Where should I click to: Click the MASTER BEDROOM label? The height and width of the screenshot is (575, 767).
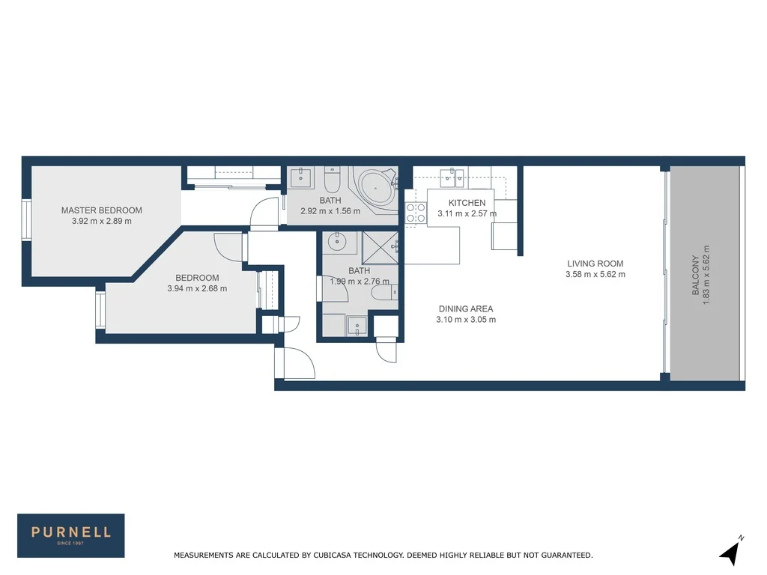[x=101, y=210]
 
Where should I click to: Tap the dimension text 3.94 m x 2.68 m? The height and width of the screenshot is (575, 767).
[x=197, y=288]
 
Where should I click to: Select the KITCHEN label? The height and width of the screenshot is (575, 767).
[x=467, y=203]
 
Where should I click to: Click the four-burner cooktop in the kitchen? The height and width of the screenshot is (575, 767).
[x=416, y=213]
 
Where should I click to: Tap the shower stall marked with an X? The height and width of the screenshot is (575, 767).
[x=381, y=247]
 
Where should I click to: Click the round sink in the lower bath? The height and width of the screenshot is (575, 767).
[x=336, y=242]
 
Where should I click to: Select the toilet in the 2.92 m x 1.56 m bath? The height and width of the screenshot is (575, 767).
[x=333, y=181]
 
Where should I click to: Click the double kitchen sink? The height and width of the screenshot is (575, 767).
[x=452, y=177]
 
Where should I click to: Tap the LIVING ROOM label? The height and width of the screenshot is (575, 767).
[x=595, y=264]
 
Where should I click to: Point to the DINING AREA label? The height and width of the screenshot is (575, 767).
[x=465, y=308]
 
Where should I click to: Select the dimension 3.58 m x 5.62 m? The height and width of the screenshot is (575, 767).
[x=595, y=275]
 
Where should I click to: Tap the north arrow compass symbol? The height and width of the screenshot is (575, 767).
[x=731, y=552]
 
